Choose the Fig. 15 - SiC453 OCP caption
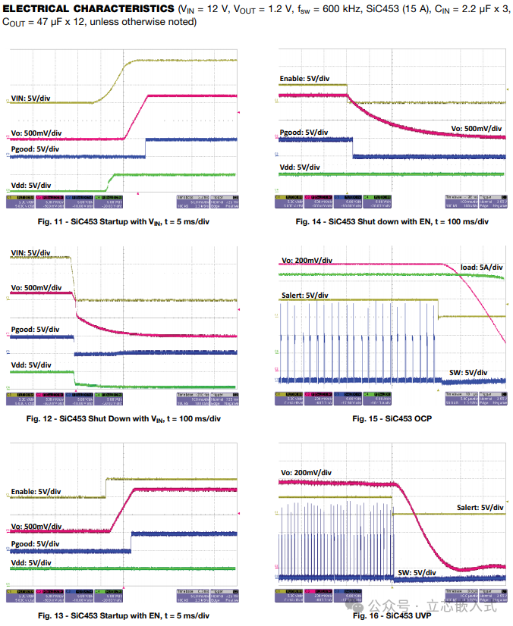(391, 418)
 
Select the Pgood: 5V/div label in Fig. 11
(35, 149)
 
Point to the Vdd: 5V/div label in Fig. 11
(31, 185)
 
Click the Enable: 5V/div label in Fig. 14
(304, 78)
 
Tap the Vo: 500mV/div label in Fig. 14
(476, 129)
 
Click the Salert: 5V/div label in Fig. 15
(305, 295)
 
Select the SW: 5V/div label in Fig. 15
(467, 372)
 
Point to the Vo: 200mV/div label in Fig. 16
(306, 473)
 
